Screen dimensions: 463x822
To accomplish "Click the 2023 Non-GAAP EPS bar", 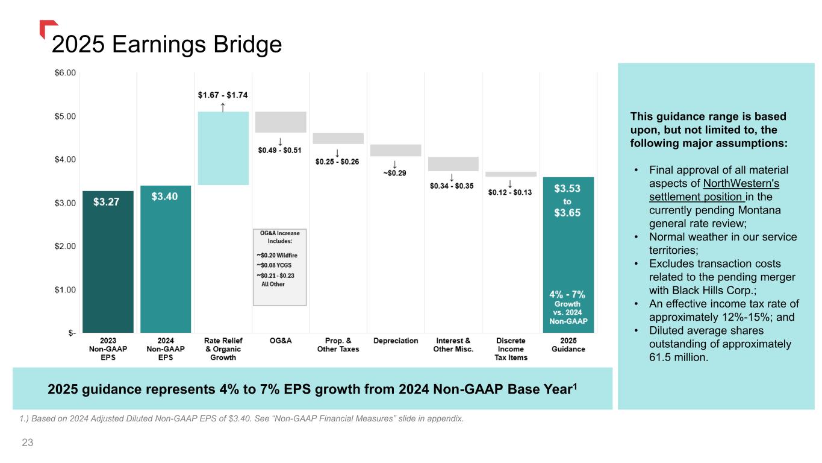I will (x=108, y=262).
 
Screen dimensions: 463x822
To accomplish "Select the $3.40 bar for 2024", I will (x=166, y=259).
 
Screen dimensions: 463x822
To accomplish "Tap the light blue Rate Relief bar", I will (x=223, y=148).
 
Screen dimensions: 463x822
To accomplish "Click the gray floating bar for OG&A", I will (x=281, y=122).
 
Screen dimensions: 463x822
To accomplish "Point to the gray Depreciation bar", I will (x=396, y=150).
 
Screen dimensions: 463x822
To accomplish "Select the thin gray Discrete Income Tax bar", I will (x=511, y=174).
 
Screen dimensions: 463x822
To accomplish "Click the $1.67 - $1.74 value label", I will (x=223, y=95).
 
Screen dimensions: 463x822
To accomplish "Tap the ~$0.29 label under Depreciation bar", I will (x=394, y=174).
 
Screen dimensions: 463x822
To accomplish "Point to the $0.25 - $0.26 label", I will (x=337, y=162).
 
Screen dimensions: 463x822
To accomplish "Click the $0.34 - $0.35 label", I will (x=452, y=186).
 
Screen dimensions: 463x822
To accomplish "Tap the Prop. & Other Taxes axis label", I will (x=338, y=345).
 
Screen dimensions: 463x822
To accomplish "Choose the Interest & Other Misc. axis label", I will (x=453, y=345).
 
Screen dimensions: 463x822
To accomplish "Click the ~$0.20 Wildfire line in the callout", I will (x=278, y=255).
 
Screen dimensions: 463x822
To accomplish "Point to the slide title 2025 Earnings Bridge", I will (x=167, y=45).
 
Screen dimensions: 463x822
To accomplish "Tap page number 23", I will (x=27, y=443).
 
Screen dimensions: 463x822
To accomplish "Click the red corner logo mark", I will (x=48, y=28).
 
